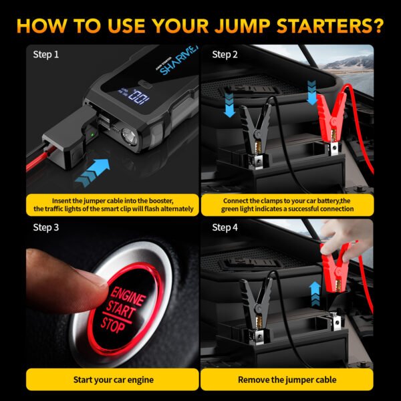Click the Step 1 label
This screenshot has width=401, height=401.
click(46, 54)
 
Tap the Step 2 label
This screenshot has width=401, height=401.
click(225, 54)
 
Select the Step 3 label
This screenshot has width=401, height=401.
click(46, 227)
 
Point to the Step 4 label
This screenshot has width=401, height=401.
click(225, 227)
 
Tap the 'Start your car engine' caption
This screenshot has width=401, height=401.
click(113, 380)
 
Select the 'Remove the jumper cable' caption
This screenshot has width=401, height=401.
click(287, 380)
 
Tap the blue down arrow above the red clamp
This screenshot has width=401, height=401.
click(311, 94)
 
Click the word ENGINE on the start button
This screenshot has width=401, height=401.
click(128, 297)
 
